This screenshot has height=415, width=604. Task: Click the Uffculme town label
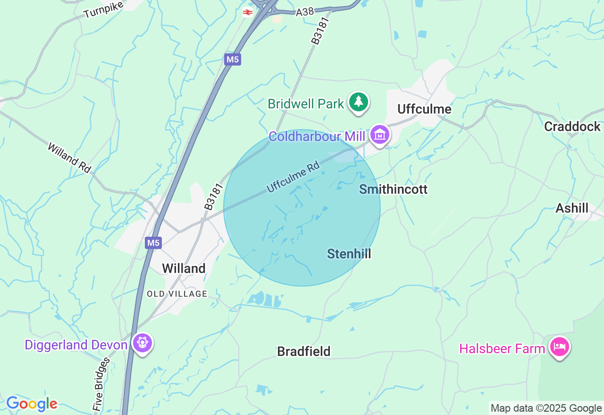[x=424, y=109]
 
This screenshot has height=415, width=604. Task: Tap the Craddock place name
[x=572, y=126]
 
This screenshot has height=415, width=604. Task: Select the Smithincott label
[x=393, y=189]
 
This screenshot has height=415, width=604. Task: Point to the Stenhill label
[x=349, y=254]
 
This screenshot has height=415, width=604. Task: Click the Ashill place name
[x=572, y=208]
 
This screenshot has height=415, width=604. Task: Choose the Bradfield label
[x=304, y=351]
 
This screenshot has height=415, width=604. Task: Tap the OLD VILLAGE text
[x=177, y=294]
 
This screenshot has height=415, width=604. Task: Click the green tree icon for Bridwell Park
[x=359, y=102]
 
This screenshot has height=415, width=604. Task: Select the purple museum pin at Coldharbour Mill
[x=380, y=135]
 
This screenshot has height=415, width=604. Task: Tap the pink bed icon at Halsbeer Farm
[x=559, y=347]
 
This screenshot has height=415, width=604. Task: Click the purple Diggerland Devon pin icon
[x=142, y=343]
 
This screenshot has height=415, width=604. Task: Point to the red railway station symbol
[x=248, y=12]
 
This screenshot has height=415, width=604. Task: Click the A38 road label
[x=305, y=12]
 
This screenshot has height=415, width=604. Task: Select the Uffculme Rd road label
[x=293, y=177]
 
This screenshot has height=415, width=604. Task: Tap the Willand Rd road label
[x=69, y=157]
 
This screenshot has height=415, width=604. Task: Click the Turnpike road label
[x=103, y=9]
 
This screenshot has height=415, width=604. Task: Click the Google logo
[x=32, y=404]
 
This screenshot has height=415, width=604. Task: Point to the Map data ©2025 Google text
[x=546, y=408]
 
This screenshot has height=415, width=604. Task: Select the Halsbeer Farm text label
[x=502, y=349]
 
